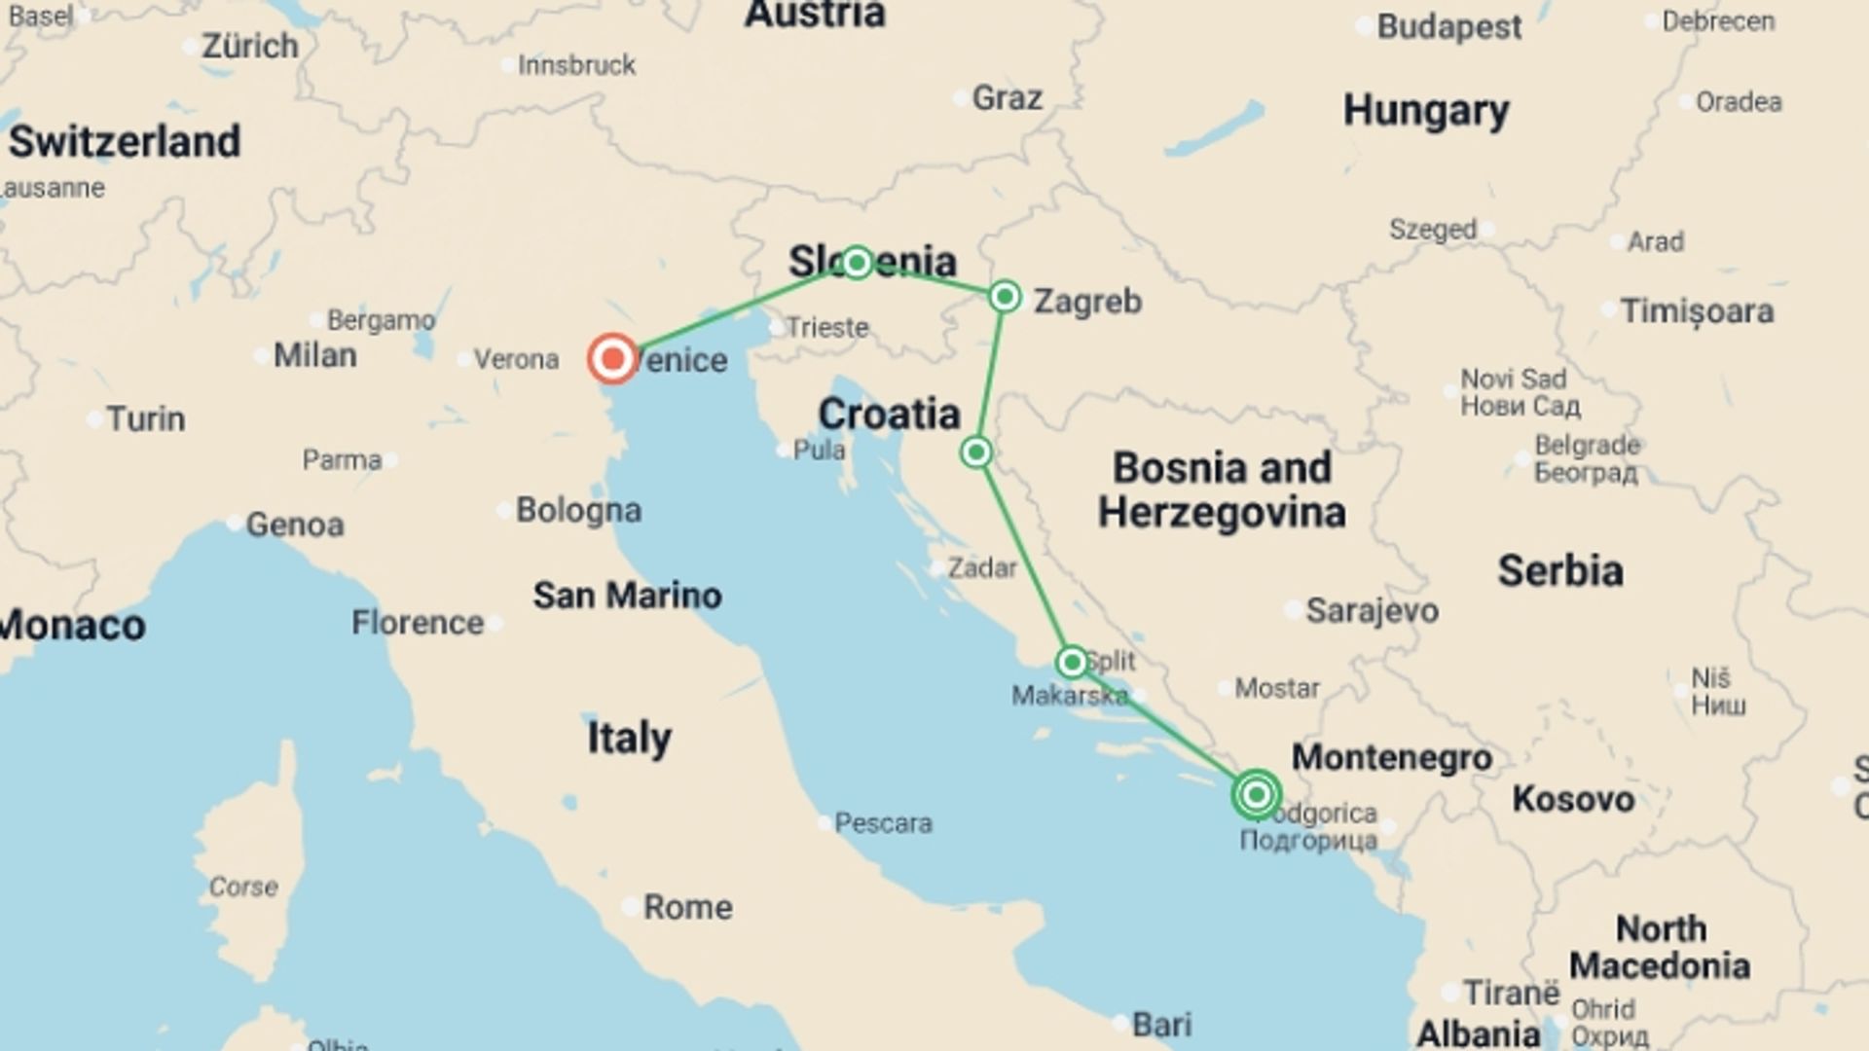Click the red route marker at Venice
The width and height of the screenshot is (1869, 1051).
pos(612,359)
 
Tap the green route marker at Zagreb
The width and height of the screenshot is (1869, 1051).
pos(1005,296)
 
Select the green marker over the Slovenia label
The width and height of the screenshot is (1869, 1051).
pos(857,262)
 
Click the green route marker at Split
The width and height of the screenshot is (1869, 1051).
pos(1072,663)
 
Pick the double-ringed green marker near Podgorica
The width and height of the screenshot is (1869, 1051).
pos(1256,795)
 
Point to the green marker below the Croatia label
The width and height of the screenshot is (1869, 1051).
pos(976,453)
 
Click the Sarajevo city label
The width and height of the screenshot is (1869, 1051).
pos(1372,611)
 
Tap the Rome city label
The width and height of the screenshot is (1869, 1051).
pos(687,907)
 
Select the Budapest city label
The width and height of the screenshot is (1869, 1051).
pos(1448,27)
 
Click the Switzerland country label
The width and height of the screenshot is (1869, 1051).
pos(125,142)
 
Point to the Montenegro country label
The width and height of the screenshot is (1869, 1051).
pos(1391,757)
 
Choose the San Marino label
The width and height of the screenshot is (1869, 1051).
pos(627,595)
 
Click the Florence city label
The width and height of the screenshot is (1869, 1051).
pos(418,623)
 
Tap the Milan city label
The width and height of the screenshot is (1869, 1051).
pos(314,355)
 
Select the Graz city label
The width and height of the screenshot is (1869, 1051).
pos(1007,98)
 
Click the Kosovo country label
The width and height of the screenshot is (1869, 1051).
pos(1573,799)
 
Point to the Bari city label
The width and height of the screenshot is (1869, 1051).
pos(1161,1024)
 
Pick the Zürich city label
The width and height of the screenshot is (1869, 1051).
pos(249,46)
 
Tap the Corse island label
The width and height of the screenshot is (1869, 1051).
pos(243,887)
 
